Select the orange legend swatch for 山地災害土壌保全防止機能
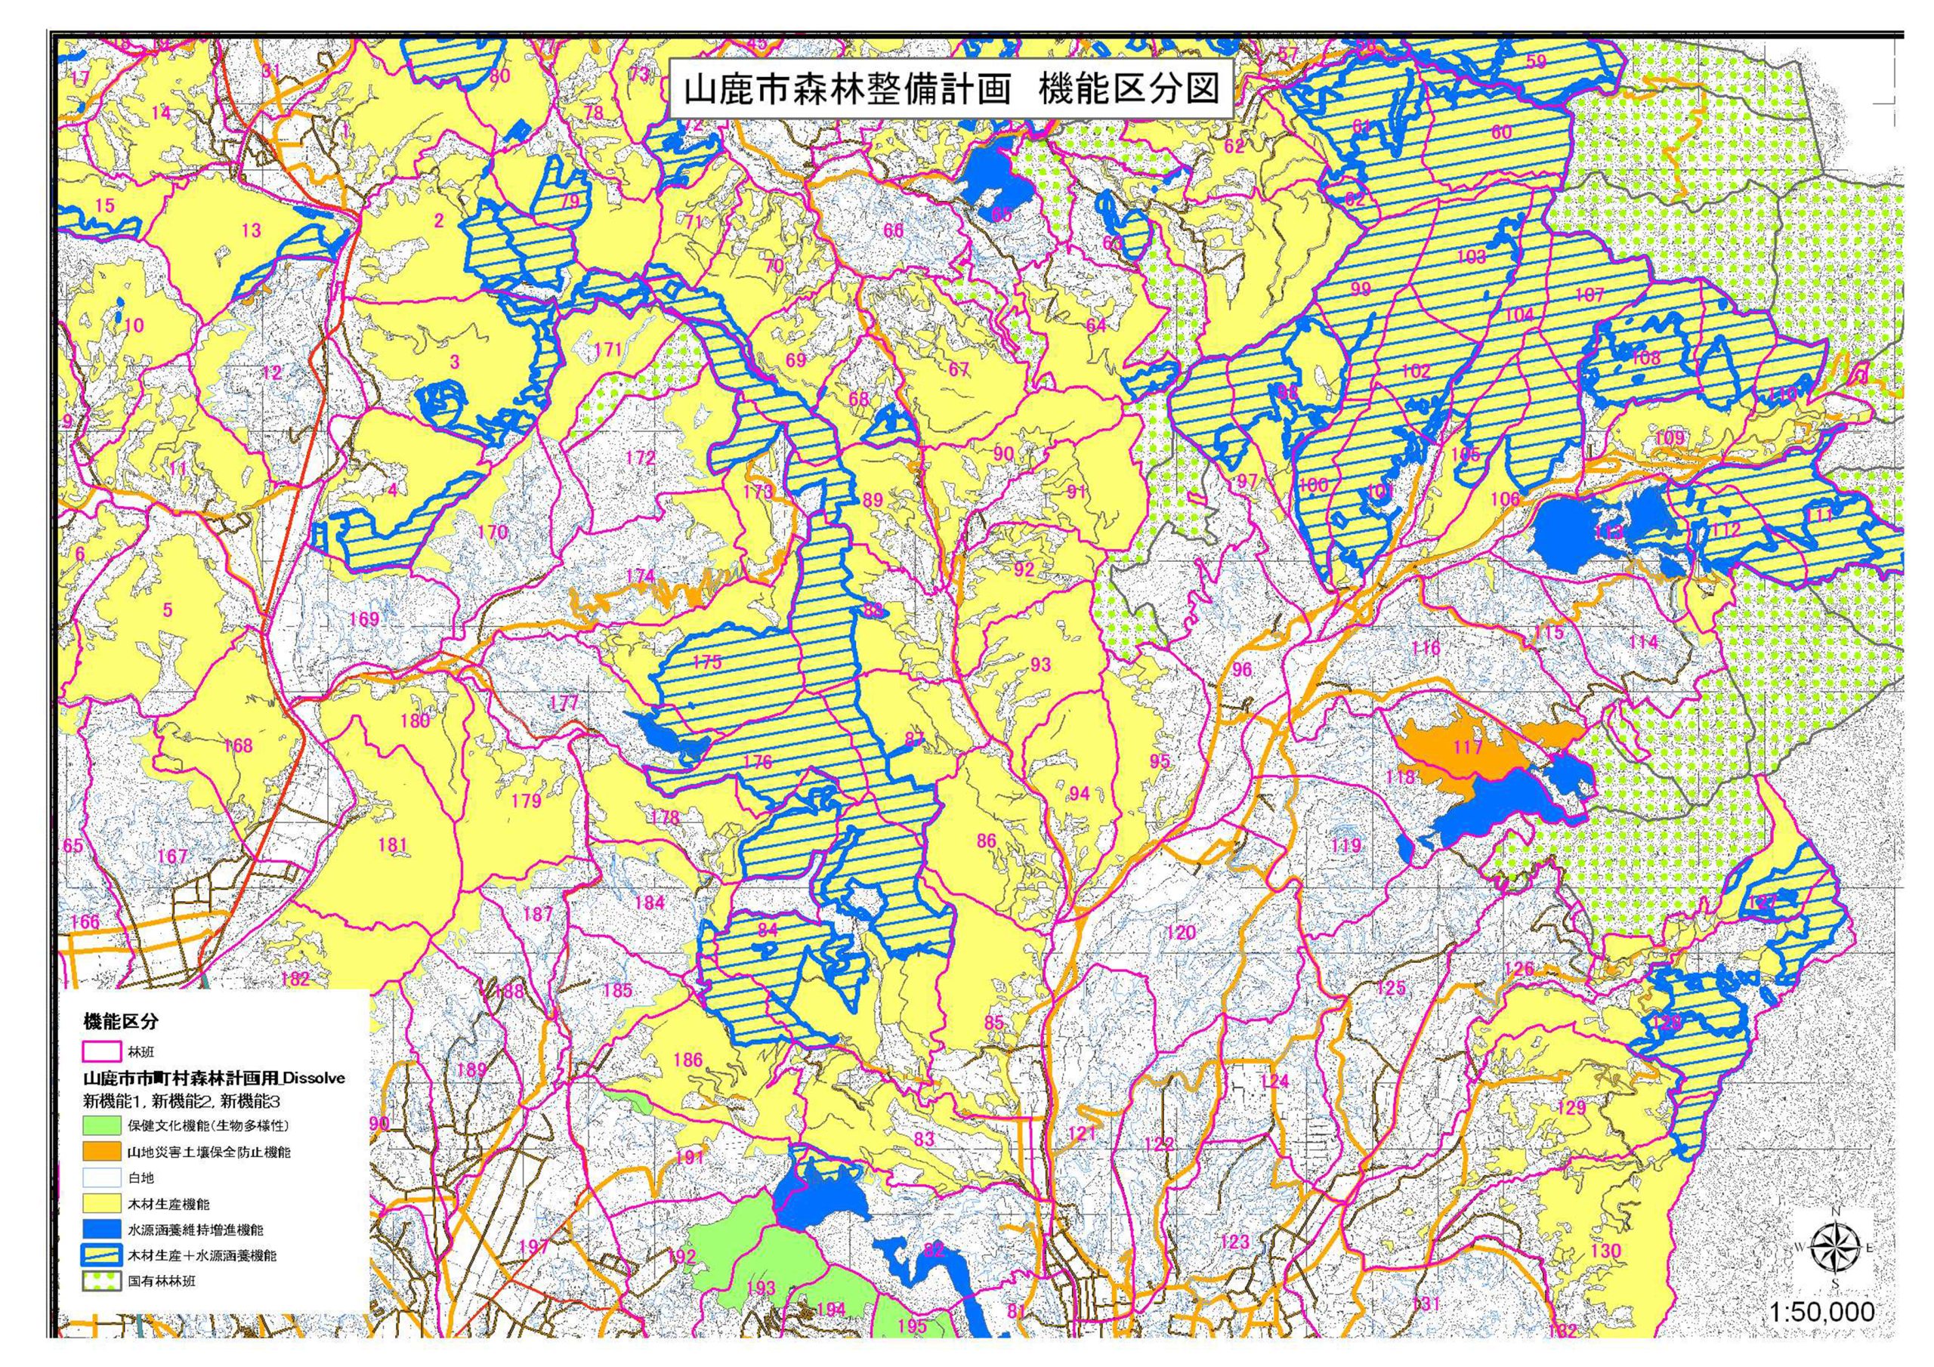[x=101, y=1150]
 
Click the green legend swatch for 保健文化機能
[x=101, y=1125]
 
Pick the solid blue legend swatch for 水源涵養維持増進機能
[x=101, y=1229]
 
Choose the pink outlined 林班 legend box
[x=101, y=1053]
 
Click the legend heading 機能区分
[x=120, y=1022]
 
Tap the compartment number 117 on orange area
[x=1467, y=747]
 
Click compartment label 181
[x=393, y=845]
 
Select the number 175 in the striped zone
[x=706, y=662]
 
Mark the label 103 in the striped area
[x=1471, y=257]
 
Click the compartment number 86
[x=987, y=841]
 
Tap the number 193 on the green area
[x=761, y=1287]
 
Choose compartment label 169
[x=364, y=619]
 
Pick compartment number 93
[x=1040, y=665]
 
